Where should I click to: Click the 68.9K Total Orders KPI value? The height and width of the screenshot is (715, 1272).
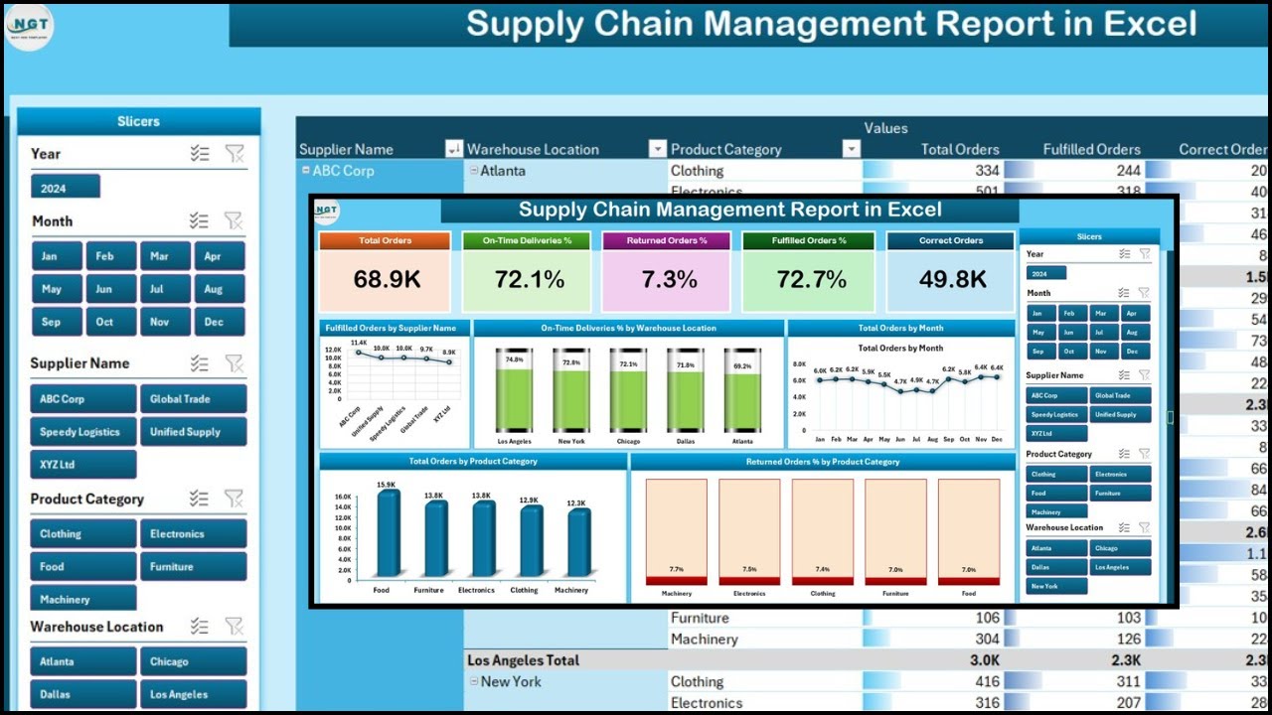click(387, 280)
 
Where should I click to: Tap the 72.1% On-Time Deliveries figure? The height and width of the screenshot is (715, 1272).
click(530, 280)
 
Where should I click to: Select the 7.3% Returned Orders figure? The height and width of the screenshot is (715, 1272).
click(669, 280)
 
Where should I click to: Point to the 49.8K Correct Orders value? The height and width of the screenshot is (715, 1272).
click(952, 280)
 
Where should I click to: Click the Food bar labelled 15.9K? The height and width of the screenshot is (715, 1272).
click(389, 533)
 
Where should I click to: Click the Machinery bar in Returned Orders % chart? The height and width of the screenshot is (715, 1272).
click(676, 531)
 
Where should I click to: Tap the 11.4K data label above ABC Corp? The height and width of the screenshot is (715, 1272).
click(358, 343)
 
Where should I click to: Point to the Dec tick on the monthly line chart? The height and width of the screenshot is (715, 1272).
click(997, 438)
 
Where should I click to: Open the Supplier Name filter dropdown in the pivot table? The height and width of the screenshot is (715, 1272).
click(454, 149)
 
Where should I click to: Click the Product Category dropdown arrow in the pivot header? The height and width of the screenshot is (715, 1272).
click(851, 149)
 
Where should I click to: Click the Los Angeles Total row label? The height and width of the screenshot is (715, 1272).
click(523, 660)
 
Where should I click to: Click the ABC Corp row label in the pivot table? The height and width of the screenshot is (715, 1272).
click(343, 171)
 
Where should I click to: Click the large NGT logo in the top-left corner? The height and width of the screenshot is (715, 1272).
click(30, 27)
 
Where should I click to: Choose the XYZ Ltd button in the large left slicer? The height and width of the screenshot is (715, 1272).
click(83, 465)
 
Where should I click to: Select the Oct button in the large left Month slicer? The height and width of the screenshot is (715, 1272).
click(104, 322)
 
